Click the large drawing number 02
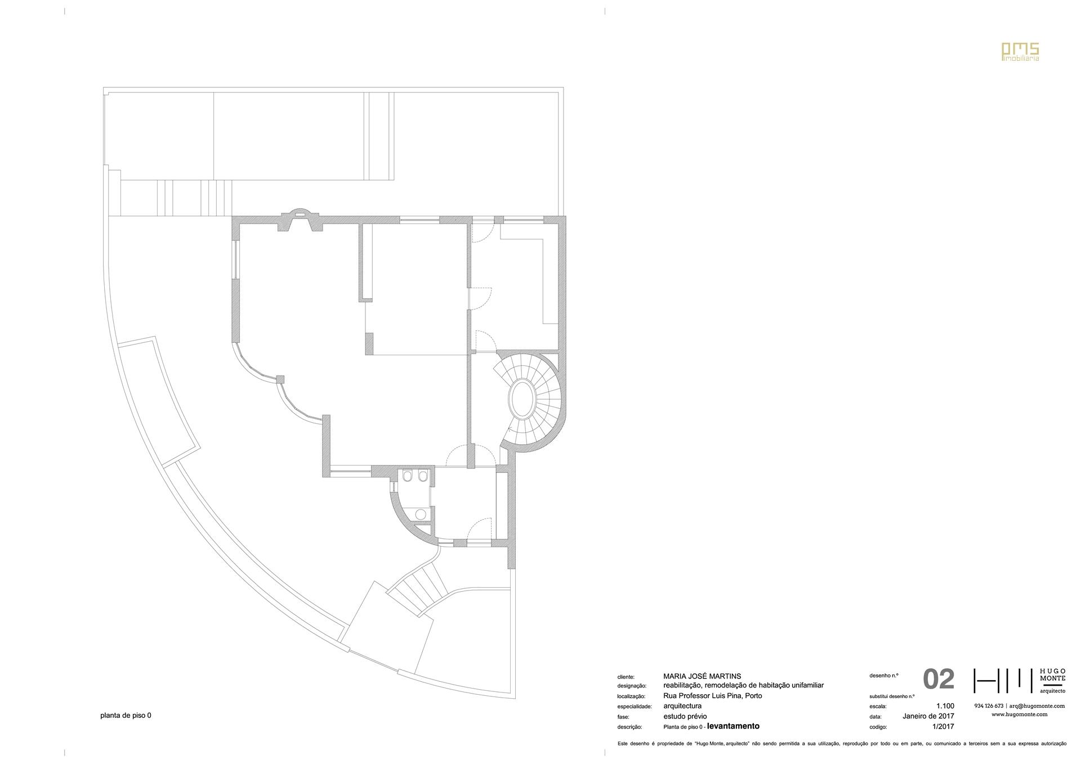[x=939, y=680]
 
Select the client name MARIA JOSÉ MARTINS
[x=702, y=676]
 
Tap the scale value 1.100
[x=945, y=706]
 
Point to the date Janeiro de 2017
[x=928, y=716]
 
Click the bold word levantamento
[x=733, y=726]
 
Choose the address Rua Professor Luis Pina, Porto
[x=713, y=696]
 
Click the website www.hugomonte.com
[x=1019, y=714]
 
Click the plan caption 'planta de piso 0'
[x=126, y=716]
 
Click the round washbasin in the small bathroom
[x=420, y=513]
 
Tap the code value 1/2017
[x=943, y=726]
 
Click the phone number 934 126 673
[x=989, y=706]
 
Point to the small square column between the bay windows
[x=280, y=379]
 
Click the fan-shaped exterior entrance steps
[x=419, y=588]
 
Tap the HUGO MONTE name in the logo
[x=1052, y=676]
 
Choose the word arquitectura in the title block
[x=682, y=706]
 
